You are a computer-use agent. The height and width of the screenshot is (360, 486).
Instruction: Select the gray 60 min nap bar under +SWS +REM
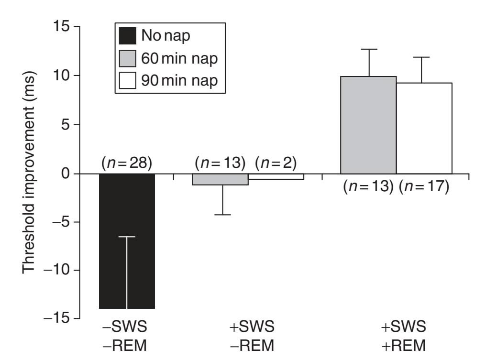tap(368, 124)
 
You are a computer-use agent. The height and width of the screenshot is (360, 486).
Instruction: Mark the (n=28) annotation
tap(126, 164)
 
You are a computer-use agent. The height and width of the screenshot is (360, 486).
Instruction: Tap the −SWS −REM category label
tap(126, 336)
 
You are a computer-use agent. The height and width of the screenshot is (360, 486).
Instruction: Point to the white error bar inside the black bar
tap(127, 273)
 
